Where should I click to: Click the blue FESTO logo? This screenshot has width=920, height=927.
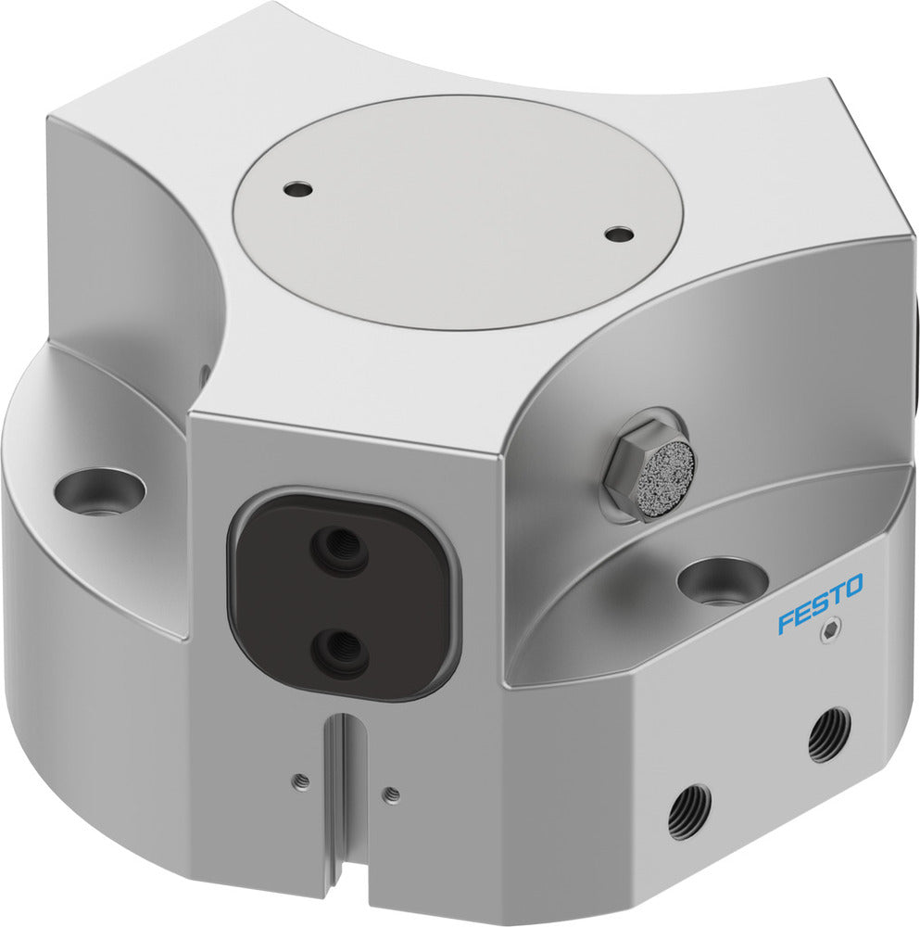point(820,603)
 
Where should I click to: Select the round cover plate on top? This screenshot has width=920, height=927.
point(459,210)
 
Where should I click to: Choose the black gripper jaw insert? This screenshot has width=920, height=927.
point(343,597)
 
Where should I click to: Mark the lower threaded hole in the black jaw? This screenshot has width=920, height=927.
point(339,652)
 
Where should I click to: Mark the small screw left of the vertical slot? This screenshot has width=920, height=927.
point(300,781)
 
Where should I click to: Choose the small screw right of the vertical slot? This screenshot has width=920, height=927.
point(391,794)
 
